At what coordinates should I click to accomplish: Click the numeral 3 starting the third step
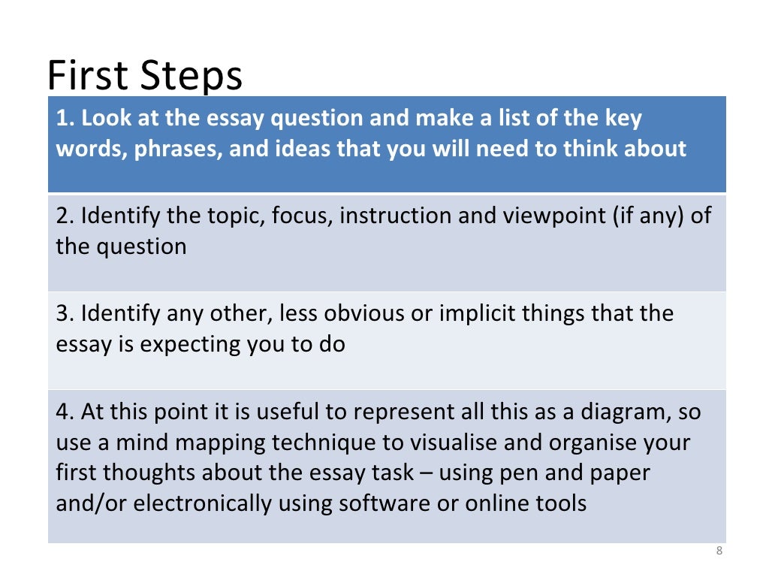pyautogui.click(x=62, y=313)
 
